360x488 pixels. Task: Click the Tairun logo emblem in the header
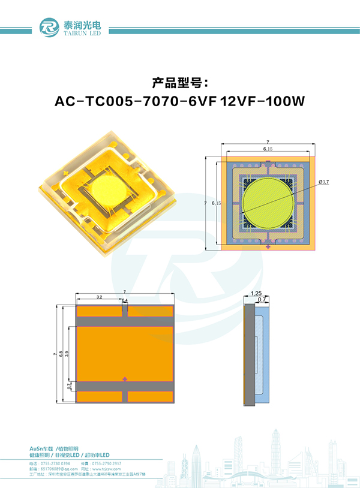[x=49, y=27]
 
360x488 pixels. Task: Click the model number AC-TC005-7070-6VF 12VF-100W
[x=180, y=101]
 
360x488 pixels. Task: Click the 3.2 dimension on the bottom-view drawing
[x=98, y=297]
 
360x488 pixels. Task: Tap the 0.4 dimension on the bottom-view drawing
[x=125, y=300]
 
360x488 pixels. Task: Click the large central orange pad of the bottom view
[x=125, y=353]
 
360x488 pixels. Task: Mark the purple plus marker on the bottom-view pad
[x=125, y=379]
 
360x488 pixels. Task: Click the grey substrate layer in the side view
[x=249, y=354]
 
